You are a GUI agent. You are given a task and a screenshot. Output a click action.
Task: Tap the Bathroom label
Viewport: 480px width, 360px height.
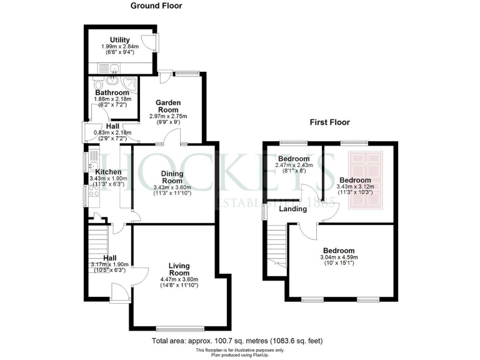[112, 92]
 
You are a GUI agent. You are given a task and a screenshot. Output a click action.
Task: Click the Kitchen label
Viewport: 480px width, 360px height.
[108, 171]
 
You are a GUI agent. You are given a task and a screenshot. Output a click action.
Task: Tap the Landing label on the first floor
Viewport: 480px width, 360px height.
[292, 209]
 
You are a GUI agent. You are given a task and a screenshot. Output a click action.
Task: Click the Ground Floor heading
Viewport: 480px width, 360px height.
[156, 6]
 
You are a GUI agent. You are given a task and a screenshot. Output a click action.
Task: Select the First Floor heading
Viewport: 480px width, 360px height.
[329, 122]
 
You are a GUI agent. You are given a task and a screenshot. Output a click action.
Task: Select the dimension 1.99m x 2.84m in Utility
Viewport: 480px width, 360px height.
[119, 46]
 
